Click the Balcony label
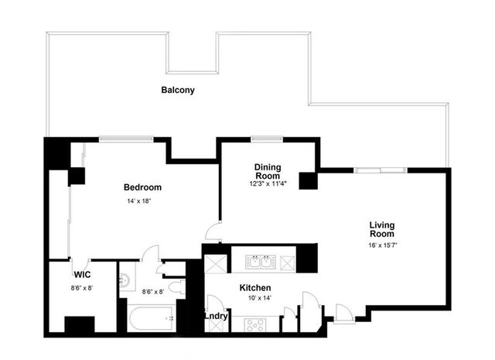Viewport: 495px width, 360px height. (178, 90)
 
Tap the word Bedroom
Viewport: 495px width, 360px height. (142, 187)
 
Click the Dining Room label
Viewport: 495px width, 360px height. (268, 171)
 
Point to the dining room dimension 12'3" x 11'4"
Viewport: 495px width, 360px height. (268, 183)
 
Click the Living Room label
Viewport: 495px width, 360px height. (381, 229)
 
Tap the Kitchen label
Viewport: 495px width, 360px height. (254, 287)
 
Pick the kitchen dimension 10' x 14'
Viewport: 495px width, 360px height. (254, 299)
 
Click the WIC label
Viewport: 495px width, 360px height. (83, 275)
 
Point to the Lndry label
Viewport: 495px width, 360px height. (216, 316)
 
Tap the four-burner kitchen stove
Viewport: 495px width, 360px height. (255, 324)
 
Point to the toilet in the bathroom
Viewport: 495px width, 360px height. (175, 288)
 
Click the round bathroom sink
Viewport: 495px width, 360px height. (125, 279)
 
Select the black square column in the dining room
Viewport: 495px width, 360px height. (309, 180)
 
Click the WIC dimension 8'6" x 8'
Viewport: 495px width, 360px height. (81, 287)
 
